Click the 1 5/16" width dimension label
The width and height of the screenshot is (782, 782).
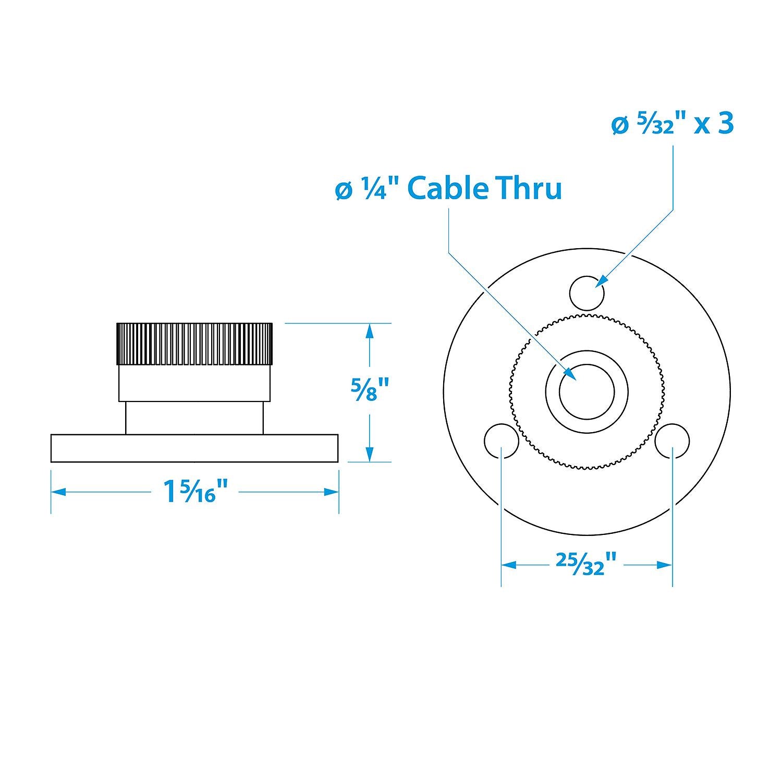pyautogui.click(x=196, y=491)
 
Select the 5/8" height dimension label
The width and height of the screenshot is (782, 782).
pyautogui.click(x=370, y=388)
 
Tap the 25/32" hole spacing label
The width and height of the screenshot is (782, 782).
pyautogui.click(x=586, y=565)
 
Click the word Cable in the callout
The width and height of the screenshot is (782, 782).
pyautogui.click(x=447, y=188)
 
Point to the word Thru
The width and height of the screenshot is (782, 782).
pyautogui.click(x=528, y=188)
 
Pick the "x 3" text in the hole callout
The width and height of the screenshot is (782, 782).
pyautogui.click(x=714, y=125)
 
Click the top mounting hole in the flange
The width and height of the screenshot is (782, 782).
pyautogui.click(x=587, y=293)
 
